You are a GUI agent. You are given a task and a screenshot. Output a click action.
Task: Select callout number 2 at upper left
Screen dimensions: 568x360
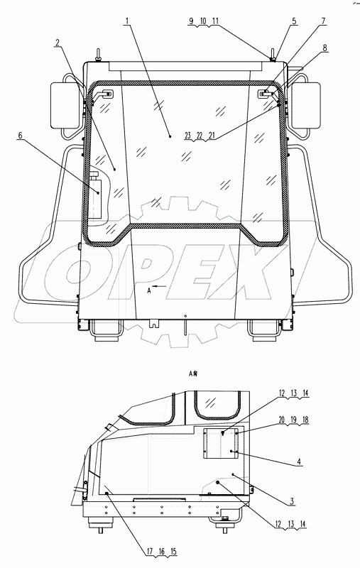[57, 43]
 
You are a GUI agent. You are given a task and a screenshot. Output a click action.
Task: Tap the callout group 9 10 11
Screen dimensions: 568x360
[205, 22]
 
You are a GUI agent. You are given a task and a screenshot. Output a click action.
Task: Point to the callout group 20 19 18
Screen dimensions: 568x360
[292, 420]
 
